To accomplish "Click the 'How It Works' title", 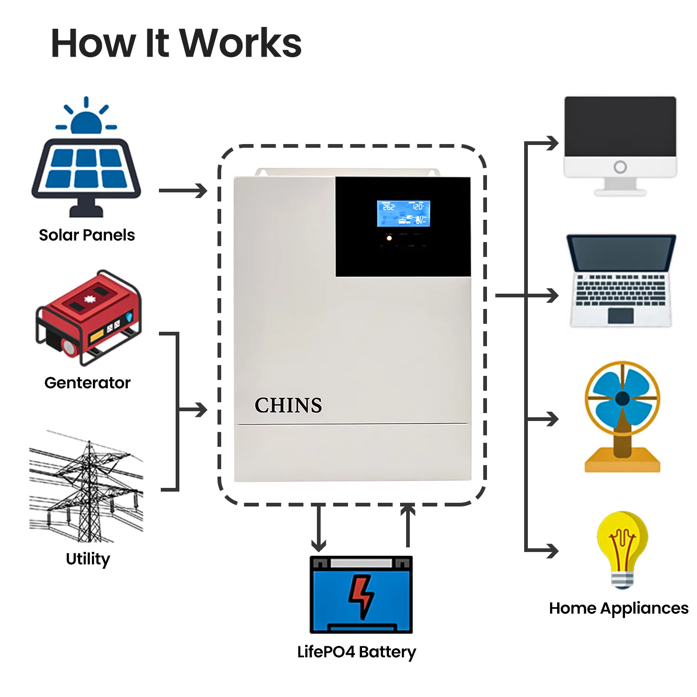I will (x=176, y=43).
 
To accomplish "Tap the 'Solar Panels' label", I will (x=87, y=235).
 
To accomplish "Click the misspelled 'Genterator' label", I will (x=87, y=383).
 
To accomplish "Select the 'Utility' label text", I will (x=88, y=559).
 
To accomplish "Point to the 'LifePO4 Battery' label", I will (x=356, y=652).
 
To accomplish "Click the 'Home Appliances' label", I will (x=618, y=608).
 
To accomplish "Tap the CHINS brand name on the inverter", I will (x=288, y=405).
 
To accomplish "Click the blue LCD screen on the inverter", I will (x=403, y=214).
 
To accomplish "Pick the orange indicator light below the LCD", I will (x=389, y=238).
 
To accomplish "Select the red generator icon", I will (x=88, y=316).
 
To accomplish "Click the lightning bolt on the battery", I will (x=361, y=596).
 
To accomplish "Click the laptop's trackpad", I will (x=620, y=316).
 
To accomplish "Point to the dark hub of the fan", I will (x=622, y=398).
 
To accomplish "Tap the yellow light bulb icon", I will (x=622, y=548).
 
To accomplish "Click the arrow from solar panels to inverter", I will (x=184, y=191).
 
